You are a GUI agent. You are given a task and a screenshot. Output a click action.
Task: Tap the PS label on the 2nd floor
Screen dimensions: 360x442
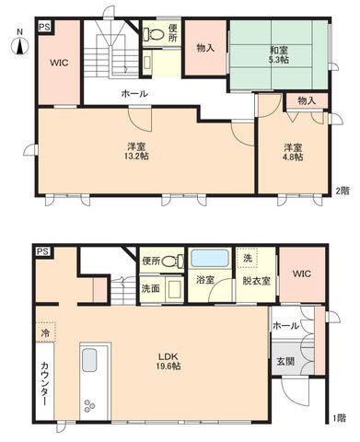[x=44, y=27]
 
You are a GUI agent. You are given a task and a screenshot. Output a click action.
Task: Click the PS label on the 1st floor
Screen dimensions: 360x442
[x=43, y=251]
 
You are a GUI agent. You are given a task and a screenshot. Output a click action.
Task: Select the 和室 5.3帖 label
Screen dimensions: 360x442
[x=279, y=54]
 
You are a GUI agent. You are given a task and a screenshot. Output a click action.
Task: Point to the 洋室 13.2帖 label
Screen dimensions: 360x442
[x=136, y=151]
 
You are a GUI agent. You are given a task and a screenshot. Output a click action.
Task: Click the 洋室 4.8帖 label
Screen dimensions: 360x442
[x=293, y=152]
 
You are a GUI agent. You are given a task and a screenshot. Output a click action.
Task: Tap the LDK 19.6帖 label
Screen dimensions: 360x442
[x=168, y=361]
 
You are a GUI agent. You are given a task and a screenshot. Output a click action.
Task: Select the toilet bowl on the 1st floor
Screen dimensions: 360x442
[x=171, y=262]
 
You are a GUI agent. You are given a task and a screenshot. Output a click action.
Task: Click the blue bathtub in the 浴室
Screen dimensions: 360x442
[x=210, y=258]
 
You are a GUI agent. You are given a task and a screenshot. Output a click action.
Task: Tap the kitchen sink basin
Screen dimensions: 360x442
[x=89, y=360]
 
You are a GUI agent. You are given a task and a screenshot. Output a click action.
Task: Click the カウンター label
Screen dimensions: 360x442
[x=44, y=384]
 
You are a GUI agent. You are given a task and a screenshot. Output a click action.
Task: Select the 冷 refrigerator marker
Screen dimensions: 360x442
[x=45, y=332]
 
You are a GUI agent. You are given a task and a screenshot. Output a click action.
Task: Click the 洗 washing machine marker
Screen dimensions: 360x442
[x=248, y=258]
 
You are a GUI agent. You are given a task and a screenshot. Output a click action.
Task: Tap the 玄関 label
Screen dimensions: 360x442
[x=285, y=362]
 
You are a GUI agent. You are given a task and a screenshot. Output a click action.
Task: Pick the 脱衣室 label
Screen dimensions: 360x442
[x=256, y=281]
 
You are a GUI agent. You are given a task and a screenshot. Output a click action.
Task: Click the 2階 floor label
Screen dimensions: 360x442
[x=343, y=191]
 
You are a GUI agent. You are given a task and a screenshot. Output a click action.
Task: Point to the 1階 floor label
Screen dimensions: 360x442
[x=339, y=418]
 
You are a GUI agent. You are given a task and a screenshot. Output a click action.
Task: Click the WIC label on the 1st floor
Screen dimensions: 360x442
[x=301, y=273]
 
